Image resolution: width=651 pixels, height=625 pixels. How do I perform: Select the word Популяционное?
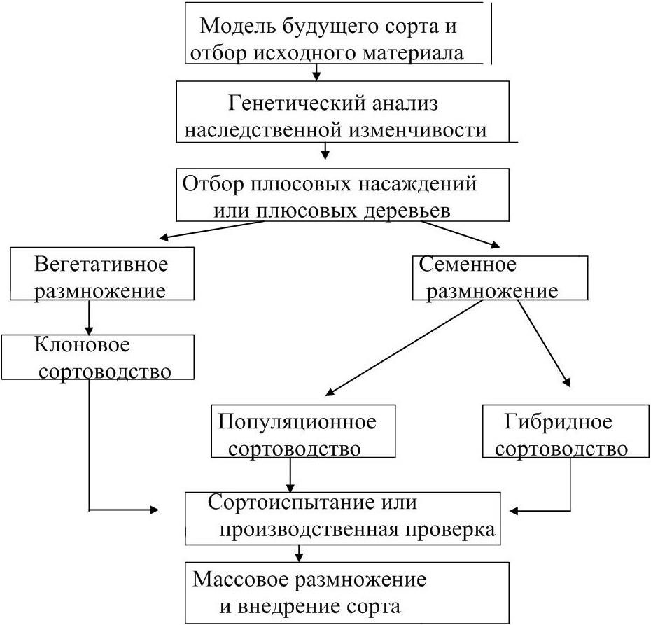click(297, 422)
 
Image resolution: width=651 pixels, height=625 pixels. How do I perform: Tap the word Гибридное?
click(558, 422)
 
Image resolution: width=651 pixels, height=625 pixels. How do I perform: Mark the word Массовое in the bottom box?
click(237, 580)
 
